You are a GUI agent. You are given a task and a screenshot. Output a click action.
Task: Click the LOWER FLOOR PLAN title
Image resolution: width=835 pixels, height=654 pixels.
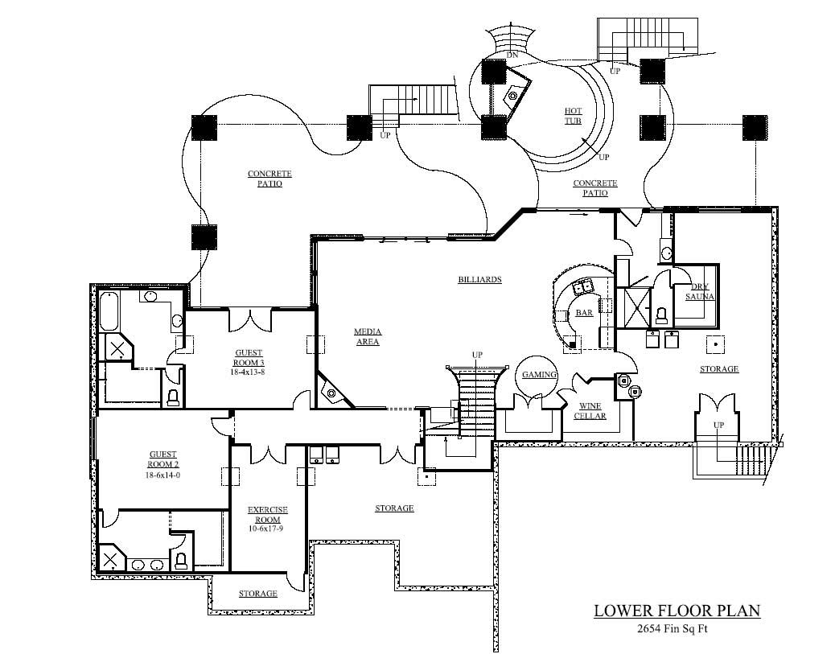coord(677,611)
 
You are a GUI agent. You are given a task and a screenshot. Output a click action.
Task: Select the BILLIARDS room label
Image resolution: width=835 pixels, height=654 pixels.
coord(479,280)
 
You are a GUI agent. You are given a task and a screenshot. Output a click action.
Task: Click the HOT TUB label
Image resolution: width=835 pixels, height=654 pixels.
coord(573,116)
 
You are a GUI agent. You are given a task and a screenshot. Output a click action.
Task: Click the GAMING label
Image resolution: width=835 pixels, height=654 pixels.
coord(539,375)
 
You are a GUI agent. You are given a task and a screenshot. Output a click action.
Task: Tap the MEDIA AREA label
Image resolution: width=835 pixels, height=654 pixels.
coord(367,336)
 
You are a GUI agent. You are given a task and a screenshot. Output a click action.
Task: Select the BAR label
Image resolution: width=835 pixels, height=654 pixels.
coord(584,313)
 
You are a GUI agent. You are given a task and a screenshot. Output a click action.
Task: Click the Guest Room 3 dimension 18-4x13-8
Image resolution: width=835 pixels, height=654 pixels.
coord(249,372)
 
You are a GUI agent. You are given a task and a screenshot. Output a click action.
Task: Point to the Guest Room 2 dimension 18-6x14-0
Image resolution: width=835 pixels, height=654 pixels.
coord(162,475)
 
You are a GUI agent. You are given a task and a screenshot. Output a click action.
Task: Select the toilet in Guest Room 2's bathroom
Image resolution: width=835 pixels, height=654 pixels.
coord(181,561)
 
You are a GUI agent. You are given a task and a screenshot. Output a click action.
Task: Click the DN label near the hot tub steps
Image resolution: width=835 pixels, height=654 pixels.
coord(512,56)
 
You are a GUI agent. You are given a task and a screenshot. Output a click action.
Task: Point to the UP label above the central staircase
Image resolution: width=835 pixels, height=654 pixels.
coord(477,355)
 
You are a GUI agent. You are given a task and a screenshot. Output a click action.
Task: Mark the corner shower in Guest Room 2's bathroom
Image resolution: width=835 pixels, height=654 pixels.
coord(111,557)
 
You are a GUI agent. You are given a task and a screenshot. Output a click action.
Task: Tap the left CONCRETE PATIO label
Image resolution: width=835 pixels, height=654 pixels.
coord(269,179)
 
